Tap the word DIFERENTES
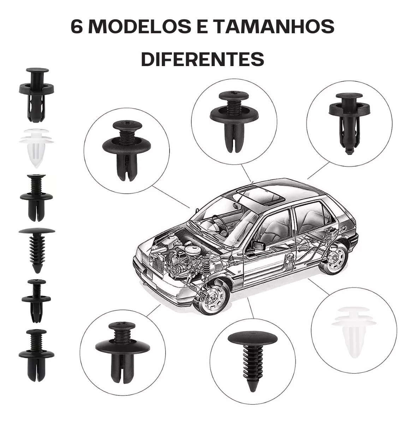coord(202,59)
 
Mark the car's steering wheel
coord(218,222)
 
